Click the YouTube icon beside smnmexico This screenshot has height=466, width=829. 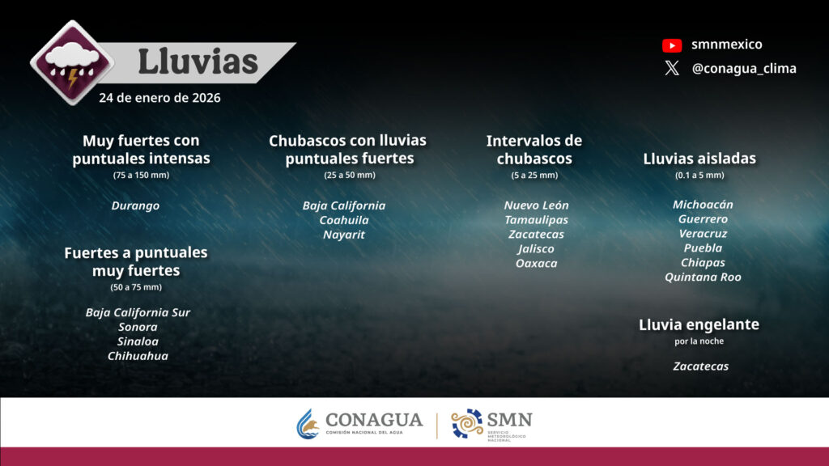672,45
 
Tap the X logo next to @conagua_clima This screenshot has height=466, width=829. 672,68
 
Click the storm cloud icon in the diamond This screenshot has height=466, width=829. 72,62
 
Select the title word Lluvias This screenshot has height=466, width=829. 198,61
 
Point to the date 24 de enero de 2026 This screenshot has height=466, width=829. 159,98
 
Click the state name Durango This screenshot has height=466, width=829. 135,205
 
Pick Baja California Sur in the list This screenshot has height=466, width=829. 138,312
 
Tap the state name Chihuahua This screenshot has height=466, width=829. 138,356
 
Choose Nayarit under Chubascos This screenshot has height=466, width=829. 344,235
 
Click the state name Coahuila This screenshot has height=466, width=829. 344,220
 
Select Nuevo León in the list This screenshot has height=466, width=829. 536,205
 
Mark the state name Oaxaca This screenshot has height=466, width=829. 536,263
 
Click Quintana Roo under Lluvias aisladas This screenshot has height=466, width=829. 703,277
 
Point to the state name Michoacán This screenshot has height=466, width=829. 703,205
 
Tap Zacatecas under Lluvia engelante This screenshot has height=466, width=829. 700,366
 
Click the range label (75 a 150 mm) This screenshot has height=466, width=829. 141,175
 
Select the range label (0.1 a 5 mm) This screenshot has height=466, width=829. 699,175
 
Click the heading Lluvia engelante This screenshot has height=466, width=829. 699,324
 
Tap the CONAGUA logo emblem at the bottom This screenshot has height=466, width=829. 308,424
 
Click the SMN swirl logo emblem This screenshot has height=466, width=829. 467,423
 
